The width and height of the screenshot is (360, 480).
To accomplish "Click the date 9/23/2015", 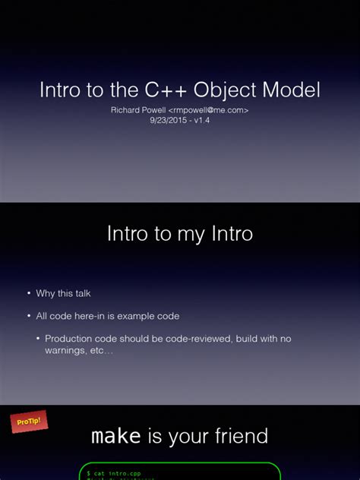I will (x=168, y=120).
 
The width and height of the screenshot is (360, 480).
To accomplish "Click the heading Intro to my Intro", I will (x=180, y=234).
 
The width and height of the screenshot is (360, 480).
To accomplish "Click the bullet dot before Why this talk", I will (x=28, y=293).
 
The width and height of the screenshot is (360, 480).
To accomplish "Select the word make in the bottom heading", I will (x=116, y=436).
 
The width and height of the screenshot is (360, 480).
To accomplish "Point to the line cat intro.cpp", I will (x=115, y=473).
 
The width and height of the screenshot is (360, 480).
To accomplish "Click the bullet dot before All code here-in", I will (x=28, y=316).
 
